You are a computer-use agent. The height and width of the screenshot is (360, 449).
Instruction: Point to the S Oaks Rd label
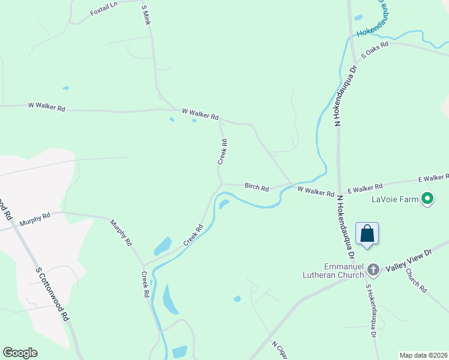coord(375,49)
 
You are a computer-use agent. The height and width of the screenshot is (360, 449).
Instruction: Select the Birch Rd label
coord(256,187)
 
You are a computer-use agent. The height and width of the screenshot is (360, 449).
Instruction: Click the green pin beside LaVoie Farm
coord(428,198)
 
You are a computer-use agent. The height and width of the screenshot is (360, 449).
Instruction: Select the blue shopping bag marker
coord(367,233)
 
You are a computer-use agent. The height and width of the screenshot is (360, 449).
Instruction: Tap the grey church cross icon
coord(373,270)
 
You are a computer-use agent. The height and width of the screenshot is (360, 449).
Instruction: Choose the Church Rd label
coord(415,280)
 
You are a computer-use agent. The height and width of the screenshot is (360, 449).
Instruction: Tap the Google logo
coord(20,353)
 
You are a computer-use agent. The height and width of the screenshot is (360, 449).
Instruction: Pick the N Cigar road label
coord(280,351)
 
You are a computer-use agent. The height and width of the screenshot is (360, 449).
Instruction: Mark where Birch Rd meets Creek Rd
coord(221,184)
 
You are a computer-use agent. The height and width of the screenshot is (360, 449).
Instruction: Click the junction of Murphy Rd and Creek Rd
coord(143,265)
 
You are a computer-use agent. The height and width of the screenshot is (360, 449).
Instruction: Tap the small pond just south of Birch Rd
coord(224,205)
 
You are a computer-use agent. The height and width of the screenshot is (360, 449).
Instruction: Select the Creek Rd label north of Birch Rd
coord(223,152)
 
